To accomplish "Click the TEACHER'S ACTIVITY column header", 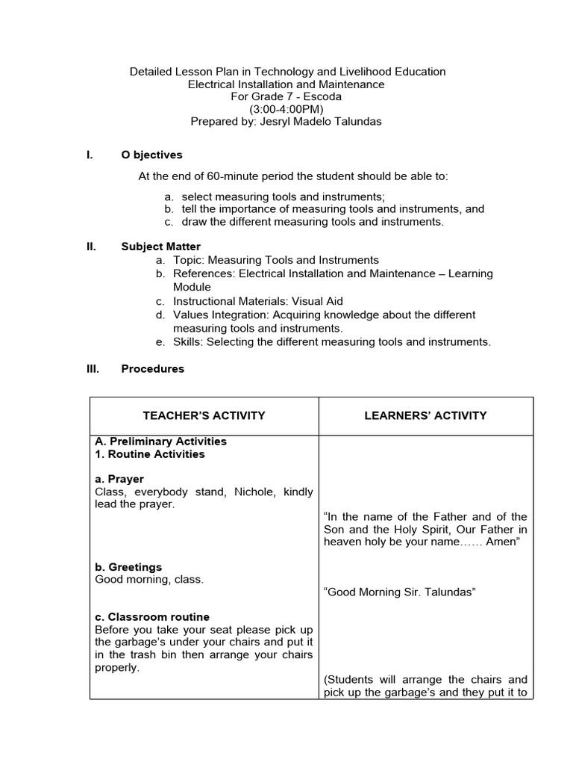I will tap(204, 415).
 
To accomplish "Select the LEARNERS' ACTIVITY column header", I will tap(425, 415).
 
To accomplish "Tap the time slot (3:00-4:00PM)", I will tap(287, 109).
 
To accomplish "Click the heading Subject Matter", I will tap(160, 247).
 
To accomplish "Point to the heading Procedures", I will tap(152, 368).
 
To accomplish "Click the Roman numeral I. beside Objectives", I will tap(90, 155).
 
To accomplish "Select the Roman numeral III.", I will tap(93, 368).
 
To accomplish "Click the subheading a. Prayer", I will tap(119, 479).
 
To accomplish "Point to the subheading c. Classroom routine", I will tap(152, 617).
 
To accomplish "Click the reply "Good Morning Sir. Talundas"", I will tap(400, 592).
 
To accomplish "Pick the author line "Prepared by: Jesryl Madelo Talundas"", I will tap(287, 122).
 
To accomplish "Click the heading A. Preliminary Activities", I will tap(161, 442).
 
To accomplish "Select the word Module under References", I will tap(192, 287).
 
